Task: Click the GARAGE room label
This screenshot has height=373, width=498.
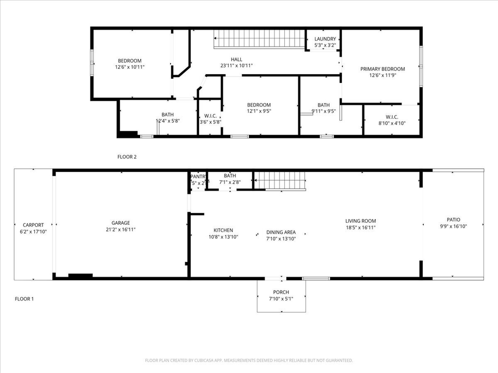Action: [121, 223]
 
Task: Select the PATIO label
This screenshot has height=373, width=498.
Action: [453, 220]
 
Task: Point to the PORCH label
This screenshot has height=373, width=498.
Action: [281, 292]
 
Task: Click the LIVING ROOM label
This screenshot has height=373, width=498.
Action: [361, 221]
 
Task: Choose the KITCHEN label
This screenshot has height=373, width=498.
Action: [223, 230]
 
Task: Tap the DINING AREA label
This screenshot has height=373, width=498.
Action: [281, 232]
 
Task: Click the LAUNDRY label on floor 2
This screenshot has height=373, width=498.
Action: [325, 39]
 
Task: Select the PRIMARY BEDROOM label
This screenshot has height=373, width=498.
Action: [383, 69]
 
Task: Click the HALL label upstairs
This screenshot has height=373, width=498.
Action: [237, 59]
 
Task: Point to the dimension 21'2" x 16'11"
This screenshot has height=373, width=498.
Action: [121, 229]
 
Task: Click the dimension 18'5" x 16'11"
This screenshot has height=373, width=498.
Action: [361, 227]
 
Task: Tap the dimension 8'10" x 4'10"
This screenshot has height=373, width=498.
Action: [392, 123]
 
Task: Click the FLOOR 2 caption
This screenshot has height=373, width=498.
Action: [127, 156]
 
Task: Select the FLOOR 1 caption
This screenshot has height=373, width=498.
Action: [24, 299]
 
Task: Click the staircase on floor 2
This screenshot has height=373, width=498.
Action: [259, 39]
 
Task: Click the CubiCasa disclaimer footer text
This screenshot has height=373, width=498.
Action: [249, 360]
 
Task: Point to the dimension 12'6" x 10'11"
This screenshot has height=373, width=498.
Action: [130, 67]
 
